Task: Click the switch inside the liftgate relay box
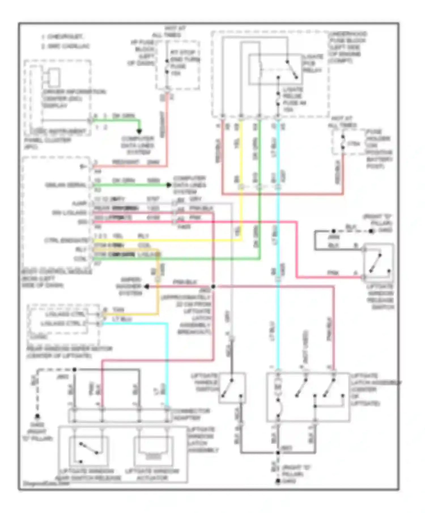(292, 69)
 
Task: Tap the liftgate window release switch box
(379, 262)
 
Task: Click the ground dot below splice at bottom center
(278, 481)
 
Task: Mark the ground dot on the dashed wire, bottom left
(37, 417)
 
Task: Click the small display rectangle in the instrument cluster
(54, 77)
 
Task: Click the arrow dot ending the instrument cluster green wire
(139, 131)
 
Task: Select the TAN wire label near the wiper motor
(118, 310)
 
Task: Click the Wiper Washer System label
(130, 286)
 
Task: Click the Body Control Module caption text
(57, 279)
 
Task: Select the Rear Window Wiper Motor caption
(69, 352)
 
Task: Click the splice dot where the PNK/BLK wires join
(213, 286)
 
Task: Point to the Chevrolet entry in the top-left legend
(62, 37)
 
